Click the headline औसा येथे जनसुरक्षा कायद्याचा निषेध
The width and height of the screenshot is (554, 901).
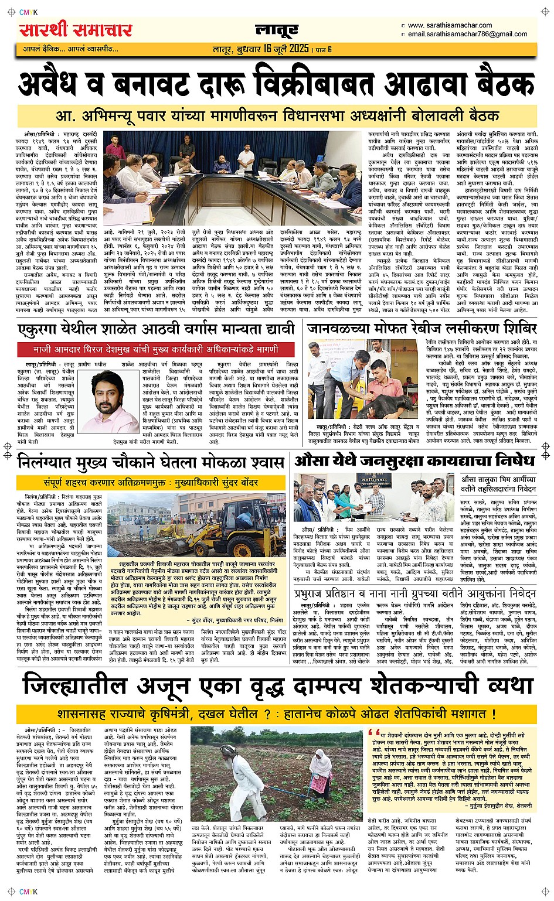click(415, 460)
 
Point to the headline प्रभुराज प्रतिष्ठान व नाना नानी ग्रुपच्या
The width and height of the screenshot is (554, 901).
click(415, 593)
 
